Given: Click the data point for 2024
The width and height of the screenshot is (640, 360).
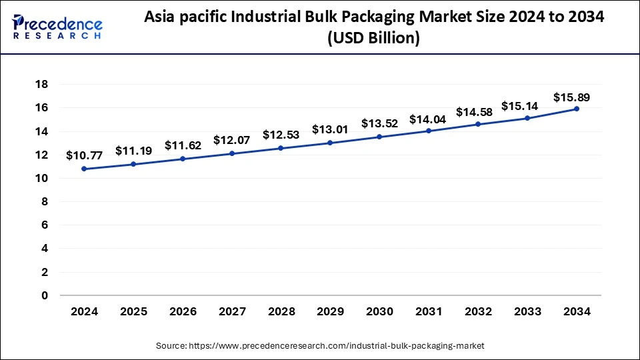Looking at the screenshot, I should pyautogui.click(x=84, y=169).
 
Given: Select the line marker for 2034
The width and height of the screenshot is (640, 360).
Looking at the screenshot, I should pyautogui.click(x=577, y=109).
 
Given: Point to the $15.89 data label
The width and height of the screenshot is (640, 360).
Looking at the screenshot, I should pyautogui.click(x=571, y=97).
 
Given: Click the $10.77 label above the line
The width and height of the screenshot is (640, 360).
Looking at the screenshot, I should pyautogui.click(x=84, y=156).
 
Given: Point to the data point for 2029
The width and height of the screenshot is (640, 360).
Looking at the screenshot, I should pyautogui.click(x=330, y=143).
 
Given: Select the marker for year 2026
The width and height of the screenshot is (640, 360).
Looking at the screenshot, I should pyautogui.click(x=183, y=159).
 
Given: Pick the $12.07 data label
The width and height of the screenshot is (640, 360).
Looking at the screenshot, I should pyautogui.click(x=231, y=141).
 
